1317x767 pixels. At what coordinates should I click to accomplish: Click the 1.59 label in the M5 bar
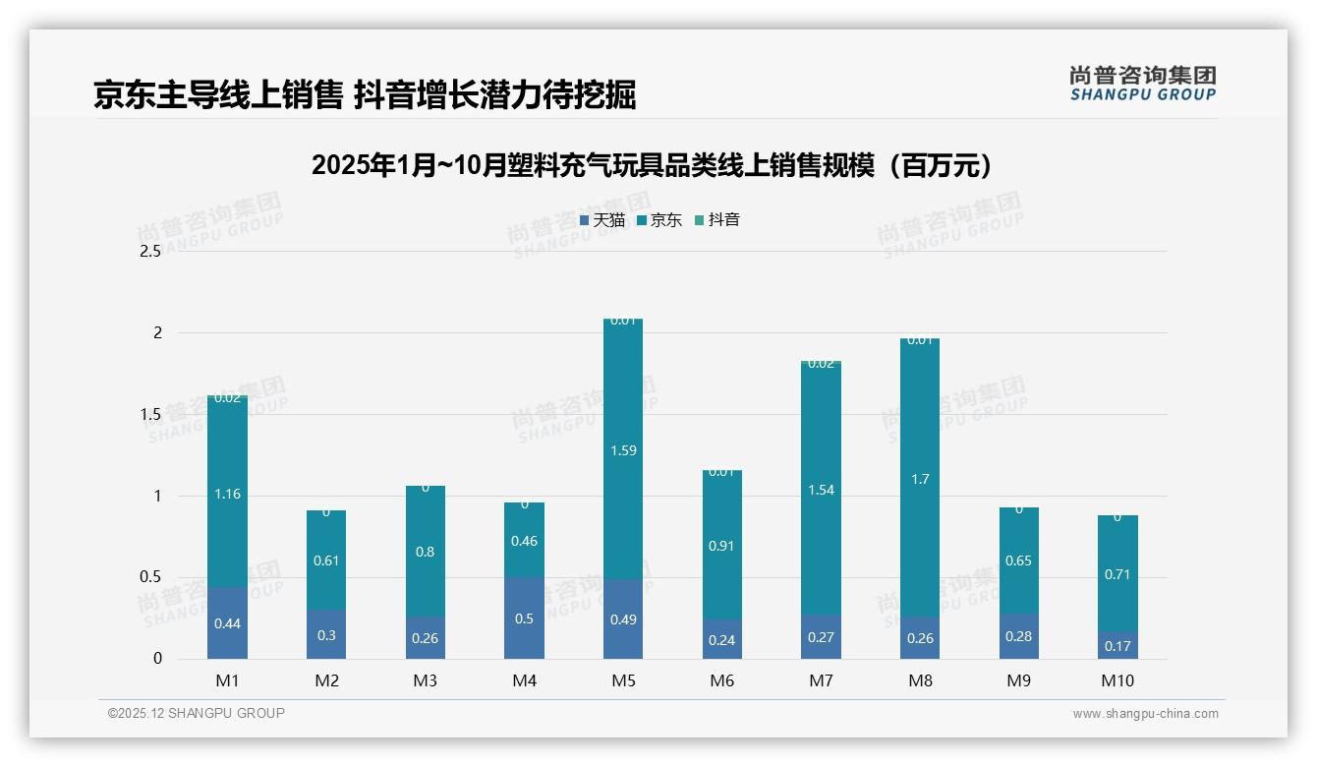click(623, 451)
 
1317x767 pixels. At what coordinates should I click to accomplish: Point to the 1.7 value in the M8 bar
click(920, 480)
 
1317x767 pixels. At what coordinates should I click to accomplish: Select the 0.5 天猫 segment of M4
click(524, 619)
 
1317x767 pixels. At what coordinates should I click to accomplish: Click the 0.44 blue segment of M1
click(227, 623)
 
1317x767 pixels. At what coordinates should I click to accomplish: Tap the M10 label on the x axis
click(1117, 680)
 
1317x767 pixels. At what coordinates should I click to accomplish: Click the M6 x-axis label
click(722, 680)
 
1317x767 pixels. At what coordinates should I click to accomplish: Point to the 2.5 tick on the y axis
click(150, 252)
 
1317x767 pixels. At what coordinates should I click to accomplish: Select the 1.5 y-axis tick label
click(150, 415)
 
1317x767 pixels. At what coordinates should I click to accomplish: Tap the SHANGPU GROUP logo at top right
click(1142, 84)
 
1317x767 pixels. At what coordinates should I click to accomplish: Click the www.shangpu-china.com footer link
click(1145, 714)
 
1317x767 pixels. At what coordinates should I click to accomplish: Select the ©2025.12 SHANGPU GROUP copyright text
click(197, 714)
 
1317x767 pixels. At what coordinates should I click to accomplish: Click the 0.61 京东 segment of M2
click(326, 561)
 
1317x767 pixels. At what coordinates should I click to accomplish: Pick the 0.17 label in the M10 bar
click(1117, 647)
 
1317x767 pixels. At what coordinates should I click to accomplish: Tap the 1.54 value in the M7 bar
click(821, 491)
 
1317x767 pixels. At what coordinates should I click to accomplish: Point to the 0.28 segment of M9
click(1019, 637)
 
